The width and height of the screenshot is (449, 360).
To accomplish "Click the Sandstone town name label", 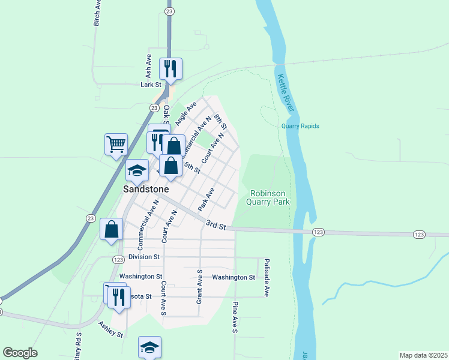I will click(x=146, y=188).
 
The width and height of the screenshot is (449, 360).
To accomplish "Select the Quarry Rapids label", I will click(x=300, y=126).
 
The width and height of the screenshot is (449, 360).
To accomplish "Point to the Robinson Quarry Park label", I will click(x=270, y=197).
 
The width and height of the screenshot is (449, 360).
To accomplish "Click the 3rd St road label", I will click(x=215, y=225).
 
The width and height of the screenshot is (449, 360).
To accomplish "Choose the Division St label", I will click(x=139, y=256).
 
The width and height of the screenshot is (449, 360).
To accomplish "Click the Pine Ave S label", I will click(x=235, y=317).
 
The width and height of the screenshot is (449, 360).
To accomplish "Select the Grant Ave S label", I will click(x=200, y=286).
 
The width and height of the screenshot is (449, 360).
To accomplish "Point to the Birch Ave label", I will click(x=96, y=13).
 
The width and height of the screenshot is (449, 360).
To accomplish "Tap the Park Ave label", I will click(x=206, y=199).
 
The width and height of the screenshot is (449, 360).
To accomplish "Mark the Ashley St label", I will click(x=111, y=329).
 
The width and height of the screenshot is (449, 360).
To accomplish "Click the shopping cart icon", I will click(x=116, y=144).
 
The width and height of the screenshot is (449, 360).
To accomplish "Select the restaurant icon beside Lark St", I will click(x=170, y=69).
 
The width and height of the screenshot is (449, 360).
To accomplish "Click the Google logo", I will click(x=20, y=353).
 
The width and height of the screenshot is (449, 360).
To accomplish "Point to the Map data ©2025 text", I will click(x=423, y=355).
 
